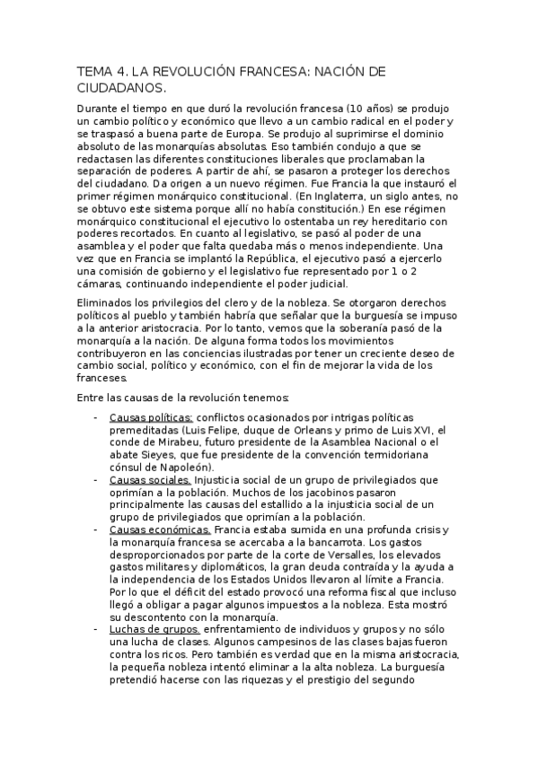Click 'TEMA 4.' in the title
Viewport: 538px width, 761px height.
click(x=101, y=71)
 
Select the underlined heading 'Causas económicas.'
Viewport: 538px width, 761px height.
click(x=160, y=529)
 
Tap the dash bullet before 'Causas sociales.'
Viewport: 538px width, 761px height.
click(x=96, y=480)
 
